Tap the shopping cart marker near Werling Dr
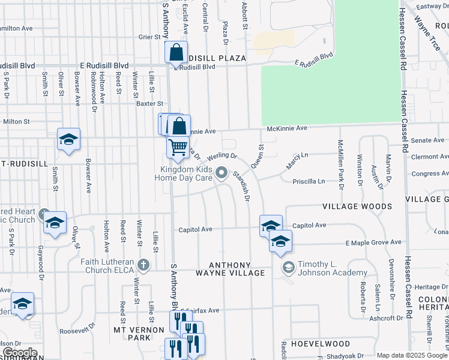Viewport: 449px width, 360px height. [x=178, y=147]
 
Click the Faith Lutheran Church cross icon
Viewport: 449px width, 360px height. [x=143, y=264]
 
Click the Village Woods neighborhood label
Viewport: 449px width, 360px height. [x=357, y=206]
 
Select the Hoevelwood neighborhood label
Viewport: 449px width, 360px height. [x=320, y=344]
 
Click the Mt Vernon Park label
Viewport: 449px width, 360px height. [x=139, y=334]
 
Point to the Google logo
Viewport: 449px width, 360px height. [x=19, y=353]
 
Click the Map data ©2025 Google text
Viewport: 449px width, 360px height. [x=412, y=355]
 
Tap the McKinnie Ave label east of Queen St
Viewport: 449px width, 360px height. [x=287, y=128]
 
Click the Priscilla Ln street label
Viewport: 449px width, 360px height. [x=309, y=181]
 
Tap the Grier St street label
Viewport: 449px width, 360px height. [x=147, y=37]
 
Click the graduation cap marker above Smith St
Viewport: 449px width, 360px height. [x=69, y=139]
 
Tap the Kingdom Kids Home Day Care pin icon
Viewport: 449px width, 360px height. [x=221, y=173]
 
